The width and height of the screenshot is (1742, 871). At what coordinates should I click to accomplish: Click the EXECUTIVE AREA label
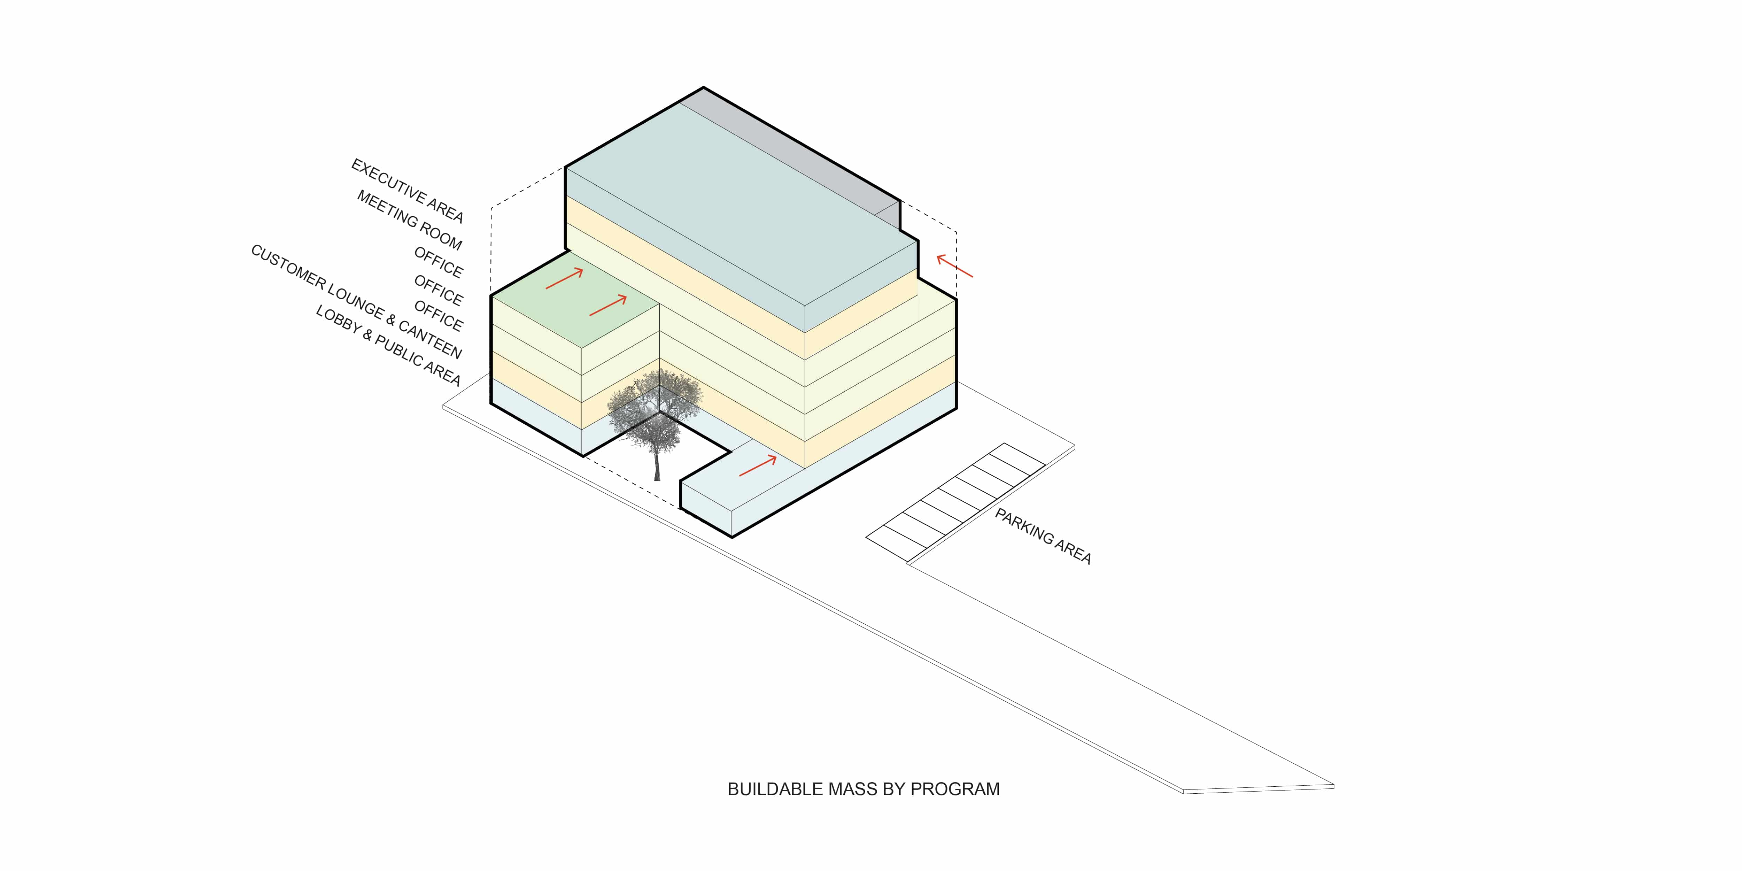[407, 191]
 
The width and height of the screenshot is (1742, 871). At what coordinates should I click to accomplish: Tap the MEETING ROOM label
[410, 220]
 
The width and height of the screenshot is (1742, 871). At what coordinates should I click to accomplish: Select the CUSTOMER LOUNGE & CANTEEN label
[356, 302]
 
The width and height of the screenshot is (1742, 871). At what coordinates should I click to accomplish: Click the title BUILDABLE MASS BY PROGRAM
[864, 789]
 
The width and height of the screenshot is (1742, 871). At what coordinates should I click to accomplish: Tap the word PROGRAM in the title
[955, 789]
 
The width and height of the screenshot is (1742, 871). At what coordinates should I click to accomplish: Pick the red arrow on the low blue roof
[757, 465]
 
